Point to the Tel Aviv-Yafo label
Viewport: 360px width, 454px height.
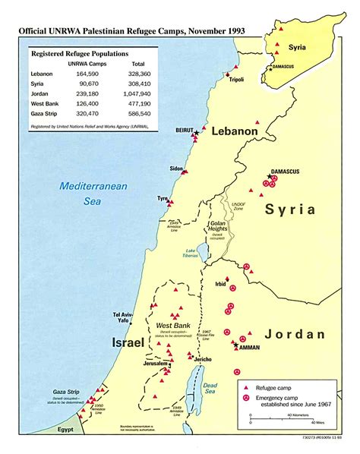(128, 318)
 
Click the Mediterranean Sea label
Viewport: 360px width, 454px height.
(85, 194)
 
